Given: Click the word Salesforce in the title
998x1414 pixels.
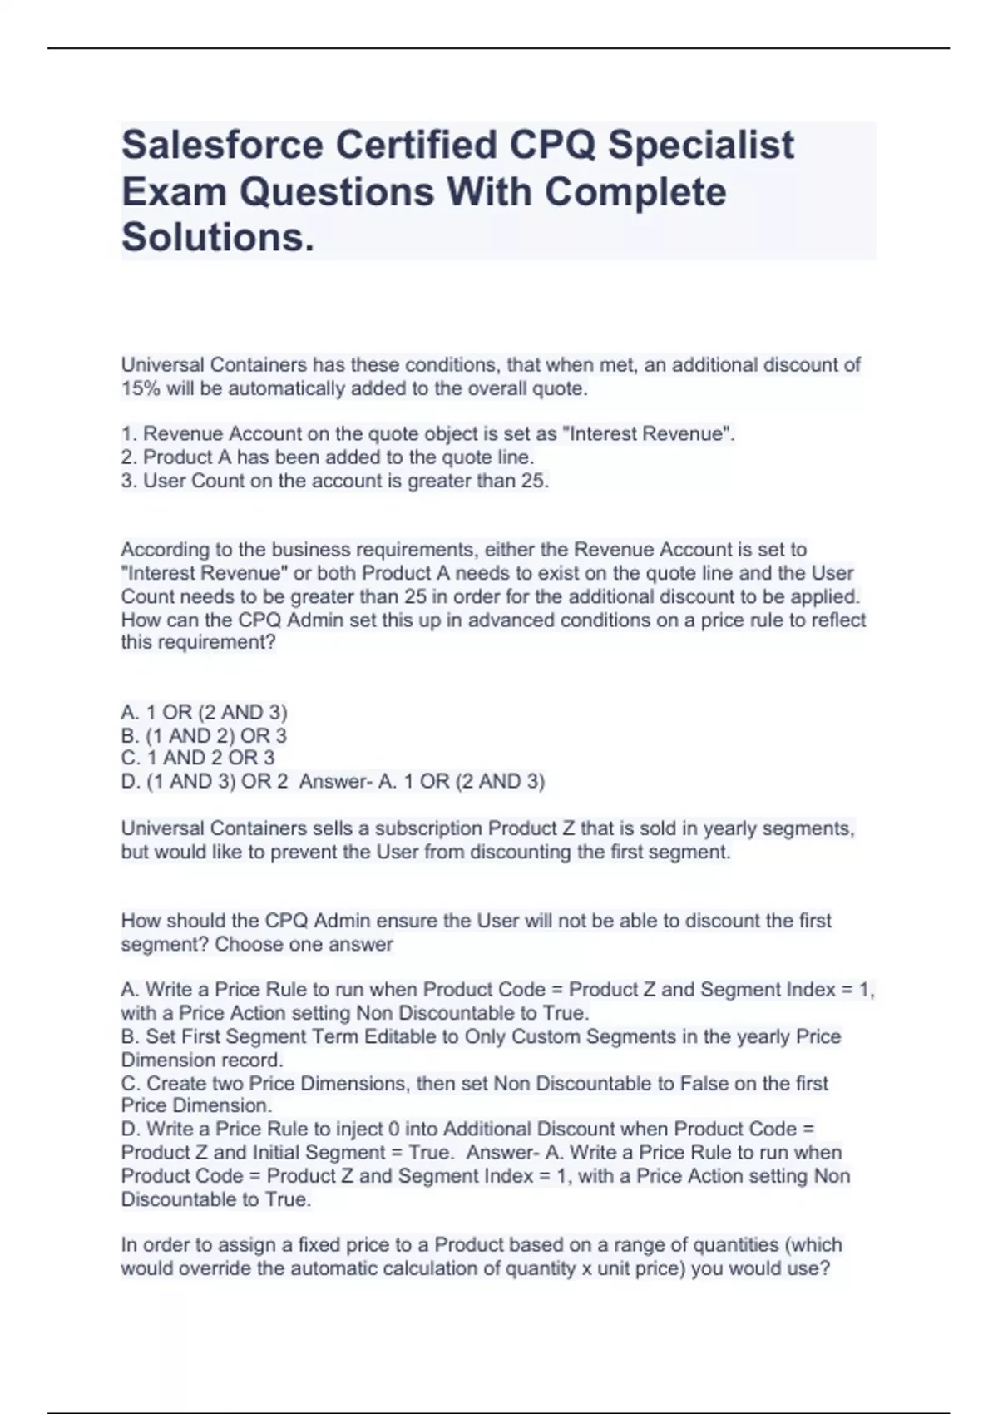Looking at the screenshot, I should pyautogui.click(x=222, y=146).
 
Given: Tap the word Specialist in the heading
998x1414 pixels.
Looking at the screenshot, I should pyautogui.click(x=700, y=146).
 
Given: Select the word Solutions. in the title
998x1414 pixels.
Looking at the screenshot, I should pyautogui.click(x=218, y=238).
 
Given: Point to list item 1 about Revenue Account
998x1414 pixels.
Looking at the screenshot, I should pyautogui.click(x=427, y=433).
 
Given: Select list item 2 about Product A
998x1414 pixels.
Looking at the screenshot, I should pyautogui.click(x=327, y=457).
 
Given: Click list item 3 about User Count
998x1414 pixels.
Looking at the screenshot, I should pyautogui.click(x=334, y=481).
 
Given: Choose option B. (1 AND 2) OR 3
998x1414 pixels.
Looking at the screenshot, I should pyautogui.click(x=204, y=735).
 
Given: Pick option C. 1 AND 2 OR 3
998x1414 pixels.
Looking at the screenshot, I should pyautogui.click(x=197, y=758).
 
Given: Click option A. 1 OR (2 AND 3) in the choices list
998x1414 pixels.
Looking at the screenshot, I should pyautogui.click(x=204, y=712).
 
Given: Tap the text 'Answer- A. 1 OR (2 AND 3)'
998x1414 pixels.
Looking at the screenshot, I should pyautogui.click(x=422, y=781).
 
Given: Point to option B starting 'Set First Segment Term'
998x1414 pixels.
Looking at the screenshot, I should pyautogui.click(x=481, y=1036).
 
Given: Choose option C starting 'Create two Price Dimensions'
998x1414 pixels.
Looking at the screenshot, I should pyautogui.click(x=474, y=1083).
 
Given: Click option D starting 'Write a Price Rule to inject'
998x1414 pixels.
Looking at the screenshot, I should pyautogui.click(x=467, y=1129).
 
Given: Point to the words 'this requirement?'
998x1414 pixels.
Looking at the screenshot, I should pyautogui.click(x=198, y=642).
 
